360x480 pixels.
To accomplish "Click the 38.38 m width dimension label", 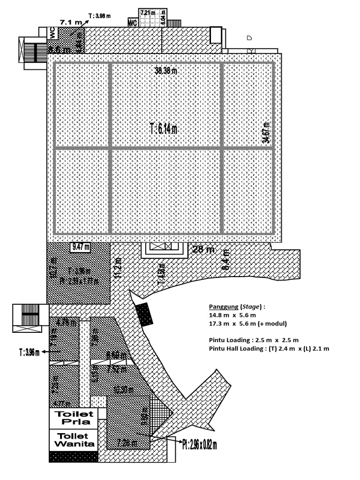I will point(166,71).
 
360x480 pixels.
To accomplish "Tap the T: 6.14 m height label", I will point(164,129).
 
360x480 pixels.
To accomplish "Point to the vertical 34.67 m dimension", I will point(266,133).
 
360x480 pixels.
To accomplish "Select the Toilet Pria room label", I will point(74,418).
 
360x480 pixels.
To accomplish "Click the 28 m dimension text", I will point(203,249).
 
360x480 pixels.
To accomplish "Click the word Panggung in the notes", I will point(224,307).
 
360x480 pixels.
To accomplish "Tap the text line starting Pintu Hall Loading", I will point(269,348).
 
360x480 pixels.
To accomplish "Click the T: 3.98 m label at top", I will point(100,16).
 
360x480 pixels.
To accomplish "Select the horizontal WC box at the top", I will point(133,22).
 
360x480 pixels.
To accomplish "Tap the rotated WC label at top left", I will point(52,33).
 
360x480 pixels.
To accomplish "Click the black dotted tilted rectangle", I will point(144,314).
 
